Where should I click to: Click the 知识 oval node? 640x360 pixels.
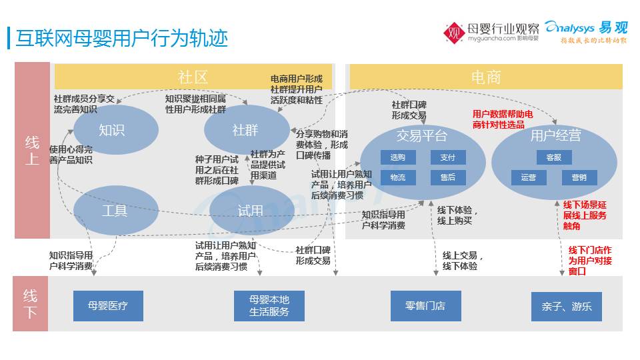[111, 130]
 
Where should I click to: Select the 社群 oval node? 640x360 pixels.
[245, 130]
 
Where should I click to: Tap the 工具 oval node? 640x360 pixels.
[114, 211]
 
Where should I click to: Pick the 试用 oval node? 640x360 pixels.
[251, 211]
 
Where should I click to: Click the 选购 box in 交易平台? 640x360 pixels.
[398, 157]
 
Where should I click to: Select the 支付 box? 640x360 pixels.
[447, 157]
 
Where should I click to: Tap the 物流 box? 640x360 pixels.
[398, 177]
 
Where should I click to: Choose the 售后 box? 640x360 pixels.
[447, 177]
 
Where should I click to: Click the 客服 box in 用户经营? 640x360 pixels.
[554, 157]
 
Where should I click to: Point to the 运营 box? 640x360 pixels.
[529, 177]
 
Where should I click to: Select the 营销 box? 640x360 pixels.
[579, 177]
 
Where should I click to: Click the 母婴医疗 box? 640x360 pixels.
[108, 306]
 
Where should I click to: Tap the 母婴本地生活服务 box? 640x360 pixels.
[269, 306]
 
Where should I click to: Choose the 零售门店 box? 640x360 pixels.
[425, 306]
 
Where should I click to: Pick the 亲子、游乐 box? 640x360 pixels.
[567, 307]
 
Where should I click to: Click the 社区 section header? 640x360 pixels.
[193, 77]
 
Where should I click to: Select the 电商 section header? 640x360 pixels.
[485, 77]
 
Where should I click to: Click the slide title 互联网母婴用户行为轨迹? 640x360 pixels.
[121, 39]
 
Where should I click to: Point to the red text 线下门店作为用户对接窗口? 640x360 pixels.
[589, 261]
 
